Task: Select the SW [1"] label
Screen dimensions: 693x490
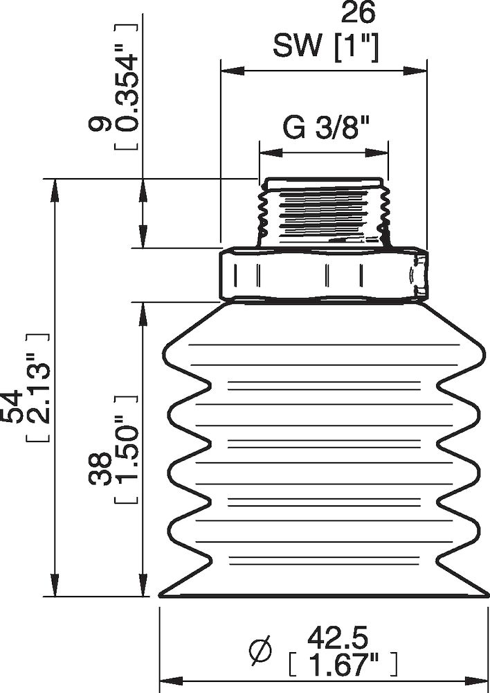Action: [325, 46]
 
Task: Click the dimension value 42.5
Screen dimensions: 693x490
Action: [337, 635]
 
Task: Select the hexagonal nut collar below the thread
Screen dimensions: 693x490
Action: [323, 274]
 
